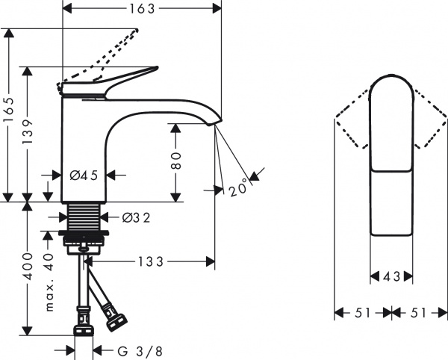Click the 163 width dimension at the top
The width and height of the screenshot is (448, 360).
(x=141, y=9)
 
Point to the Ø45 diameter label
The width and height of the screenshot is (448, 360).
(x=84, y=176)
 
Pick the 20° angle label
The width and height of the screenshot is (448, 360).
(x=238, y=189)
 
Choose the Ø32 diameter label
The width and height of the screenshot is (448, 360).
(x=136, y=217)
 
